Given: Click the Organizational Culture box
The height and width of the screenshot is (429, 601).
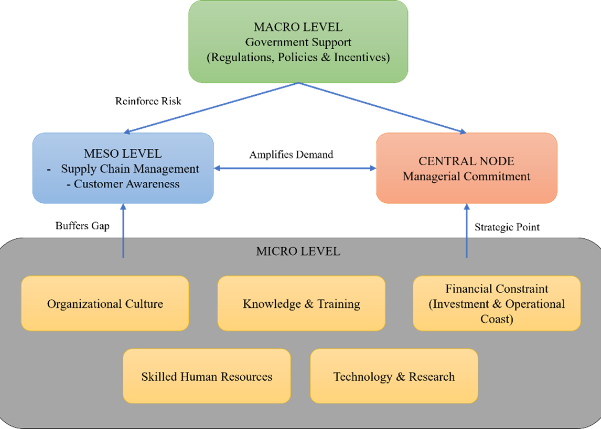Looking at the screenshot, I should click(105, 304).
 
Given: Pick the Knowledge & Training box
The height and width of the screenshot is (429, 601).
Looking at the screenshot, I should click(301, 304).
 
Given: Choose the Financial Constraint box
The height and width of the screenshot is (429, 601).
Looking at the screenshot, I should click(497, 304).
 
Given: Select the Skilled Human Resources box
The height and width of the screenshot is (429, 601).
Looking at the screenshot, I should click(207, 377).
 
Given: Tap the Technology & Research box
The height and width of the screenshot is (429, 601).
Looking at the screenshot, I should click(394, 377).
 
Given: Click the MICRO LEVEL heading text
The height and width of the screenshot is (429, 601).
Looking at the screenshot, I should click(298, 251).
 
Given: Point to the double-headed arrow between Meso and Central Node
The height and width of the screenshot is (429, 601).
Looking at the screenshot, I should click(295, 168).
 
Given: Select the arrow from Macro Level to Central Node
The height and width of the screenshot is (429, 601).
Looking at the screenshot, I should click(383, 108).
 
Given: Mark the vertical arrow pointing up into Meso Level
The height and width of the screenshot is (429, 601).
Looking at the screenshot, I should click(123, 230).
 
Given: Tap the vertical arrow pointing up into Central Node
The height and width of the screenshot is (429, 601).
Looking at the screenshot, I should click(466, 230).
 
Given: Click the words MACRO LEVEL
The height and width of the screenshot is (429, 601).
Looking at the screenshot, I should click(298, 27).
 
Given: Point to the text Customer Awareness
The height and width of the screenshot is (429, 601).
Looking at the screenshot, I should click(126, 184).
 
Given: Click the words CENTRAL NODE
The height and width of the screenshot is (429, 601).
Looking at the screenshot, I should click(466, 161).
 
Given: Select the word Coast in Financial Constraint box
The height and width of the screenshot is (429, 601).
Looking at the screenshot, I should click(497, 318).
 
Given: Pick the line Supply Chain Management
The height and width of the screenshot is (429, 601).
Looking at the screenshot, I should click(130, 169).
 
